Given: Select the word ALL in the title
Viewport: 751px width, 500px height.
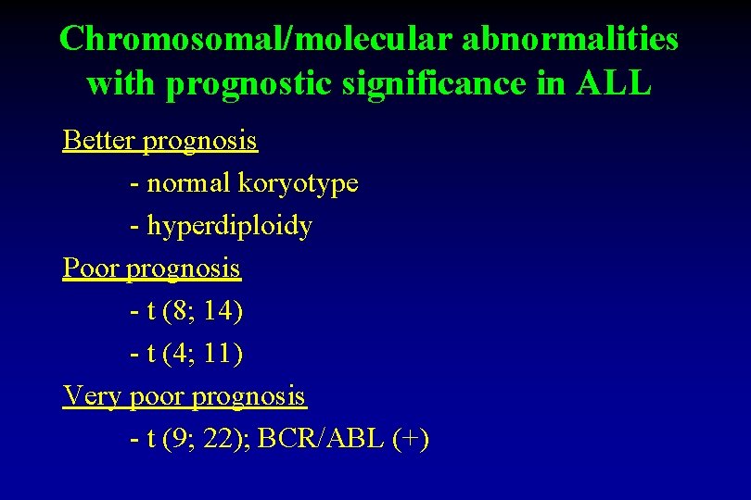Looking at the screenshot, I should click(614, 83).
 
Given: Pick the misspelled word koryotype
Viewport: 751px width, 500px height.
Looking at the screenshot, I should click(298, 183).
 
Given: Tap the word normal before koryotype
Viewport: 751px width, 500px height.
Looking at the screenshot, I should click(189, 183).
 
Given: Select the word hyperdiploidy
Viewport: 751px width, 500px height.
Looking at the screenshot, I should click(230, 226).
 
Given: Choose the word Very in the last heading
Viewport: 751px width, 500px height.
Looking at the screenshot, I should click(91, 396).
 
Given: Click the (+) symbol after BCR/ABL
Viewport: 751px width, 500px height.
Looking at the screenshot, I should click(410, 439).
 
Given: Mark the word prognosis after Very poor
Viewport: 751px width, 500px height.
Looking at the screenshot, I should click(248, 396).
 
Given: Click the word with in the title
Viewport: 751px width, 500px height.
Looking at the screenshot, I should click(121, 83).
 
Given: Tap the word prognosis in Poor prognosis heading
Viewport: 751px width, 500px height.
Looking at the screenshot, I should click(183, 269).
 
